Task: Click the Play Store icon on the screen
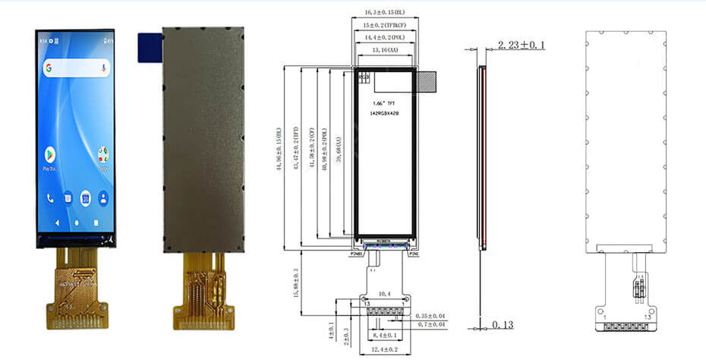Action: pyautogui.click(x=52, y=155)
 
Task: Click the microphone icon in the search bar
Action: pyautogui.click(x=102, y=68)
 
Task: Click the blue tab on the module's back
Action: pyautogui.click(x=148, y=46)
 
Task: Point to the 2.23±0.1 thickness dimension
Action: pyautogui.click(x=521, y=46)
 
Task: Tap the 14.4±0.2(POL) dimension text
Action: pyautogui.click(x=385, y=36)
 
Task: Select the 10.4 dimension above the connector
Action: pyautogui.click(x=385, y=292)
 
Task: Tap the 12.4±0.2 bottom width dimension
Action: pyautogui.click(x=385, y=349)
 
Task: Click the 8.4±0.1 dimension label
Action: pyautogui.click(x=385, y=334)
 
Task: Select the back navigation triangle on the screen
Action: pyautogui.click(x=57, y=223)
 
